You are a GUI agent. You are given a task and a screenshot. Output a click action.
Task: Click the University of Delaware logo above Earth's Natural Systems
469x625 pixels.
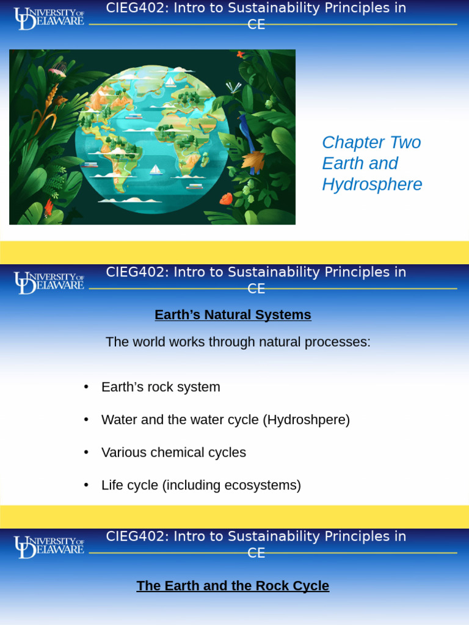[49, 283]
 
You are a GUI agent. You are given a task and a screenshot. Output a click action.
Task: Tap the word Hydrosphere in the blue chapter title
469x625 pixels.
[372, 184]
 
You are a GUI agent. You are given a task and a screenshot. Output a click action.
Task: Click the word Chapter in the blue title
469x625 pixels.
[349, 143]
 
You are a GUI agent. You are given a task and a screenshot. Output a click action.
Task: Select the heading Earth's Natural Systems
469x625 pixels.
[233, 315]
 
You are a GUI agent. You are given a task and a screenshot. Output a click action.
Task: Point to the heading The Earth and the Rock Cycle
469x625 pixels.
[233, 586]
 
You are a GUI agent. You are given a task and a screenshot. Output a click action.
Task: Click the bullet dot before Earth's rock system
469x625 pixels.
[87, 387]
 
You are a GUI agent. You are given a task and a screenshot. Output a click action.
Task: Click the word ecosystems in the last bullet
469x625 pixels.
[266, 485]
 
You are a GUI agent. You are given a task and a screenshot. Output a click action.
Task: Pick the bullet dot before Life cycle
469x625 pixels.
[87, 485]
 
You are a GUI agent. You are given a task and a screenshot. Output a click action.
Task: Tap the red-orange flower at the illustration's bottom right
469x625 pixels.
[226, 198]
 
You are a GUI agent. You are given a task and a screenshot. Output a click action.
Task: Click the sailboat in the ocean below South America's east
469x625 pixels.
[155, 169]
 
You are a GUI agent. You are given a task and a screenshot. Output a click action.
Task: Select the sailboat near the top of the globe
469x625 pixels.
[170, 81]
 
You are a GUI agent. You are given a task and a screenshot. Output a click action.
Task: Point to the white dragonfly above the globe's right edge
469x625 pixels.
[233, 87]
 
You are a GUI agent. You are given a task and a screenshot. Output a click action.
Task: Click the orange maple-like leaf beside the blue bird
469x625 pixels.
[253, 161]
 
